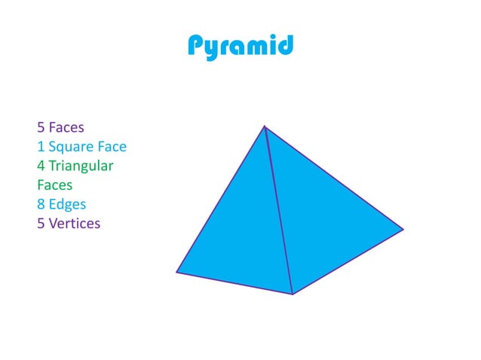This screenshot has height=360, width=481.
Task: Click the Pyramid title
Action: click(240, 47)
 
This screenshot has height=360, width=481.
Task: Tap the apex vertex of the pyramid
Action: click(265, 126)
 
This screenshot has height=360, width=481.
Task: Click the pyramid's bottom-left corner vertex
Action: click(176, 272)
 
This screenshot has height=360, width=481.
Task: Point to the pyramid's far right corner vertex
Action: click(403, 229)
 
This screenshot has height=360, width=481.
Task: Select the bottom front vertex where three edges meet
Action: click(292, 294)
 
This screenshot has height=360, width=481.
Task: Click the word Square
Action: click(70, 146)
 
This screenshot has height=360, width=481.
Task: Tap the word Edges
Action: click(68, 204)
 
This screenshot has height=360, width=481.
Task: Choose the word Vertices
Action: click(74, 224)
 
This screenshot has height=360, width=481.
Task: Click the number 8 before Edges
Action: click(41, 204)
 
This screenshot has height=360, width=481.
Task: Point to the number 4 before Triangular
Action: click(41, 165)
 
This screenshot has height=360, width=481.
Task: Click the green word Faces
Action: click(55, 185)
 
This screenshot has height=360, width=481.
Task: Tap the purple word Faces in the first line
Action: click(66, 127)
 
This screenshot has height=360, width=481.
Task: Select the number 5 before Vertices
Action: click(41, 224)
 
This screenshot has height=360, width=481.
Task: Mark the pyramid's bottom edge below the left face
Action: click(234, 282)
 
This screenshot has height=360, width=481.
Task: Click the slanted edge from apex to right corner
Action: click(334, 177)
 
